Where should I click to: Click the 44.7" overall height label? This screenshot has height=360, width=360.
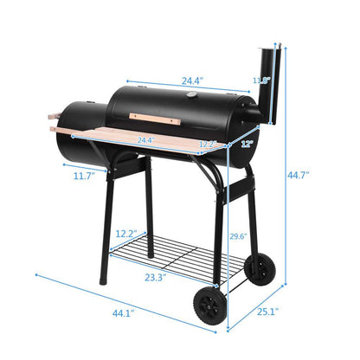[x=299, y=175]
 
